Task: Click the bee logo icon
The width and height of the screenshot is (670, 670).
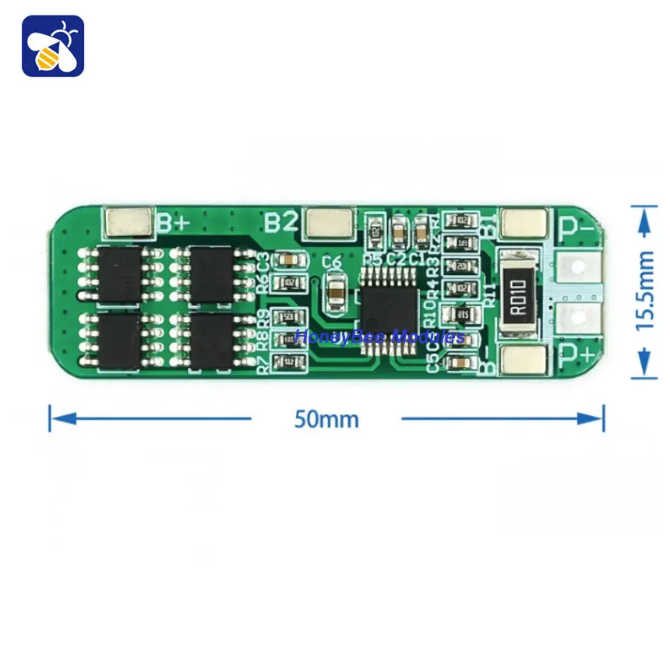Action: pyautogui.click(x=53, y=45)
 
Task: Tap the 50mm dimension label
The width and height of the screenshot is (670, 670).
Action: pyautogui.click(x=326, y=419)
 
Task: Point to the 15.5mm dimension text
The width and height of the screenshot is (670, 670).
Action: pyautogui.click(x=645, y=291)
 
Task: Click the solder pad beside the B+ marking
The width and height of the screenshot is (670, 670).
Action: pyautogui.click(x=129, y=223)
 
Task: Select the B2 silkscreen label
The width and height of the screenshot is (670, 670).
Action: pyautogui.click(x=281, y=223)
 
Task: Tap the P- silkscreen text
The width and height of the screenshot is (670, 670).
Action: pyautogui.click(x=577, y=227)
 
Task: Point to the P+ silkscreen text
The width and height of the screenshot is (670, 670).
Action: pyautogui.click(x=577, y=356)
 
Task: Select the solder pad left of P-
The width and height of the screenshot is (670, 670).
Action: pyautogui.click(x=524, y=224)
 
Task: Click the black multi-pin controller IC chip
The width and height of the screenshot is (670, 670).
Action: pyautogui.click(x=387, y=310)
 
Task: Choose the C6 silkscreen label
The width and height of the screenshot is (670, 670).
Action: pyautogui.click(x=333, y=262)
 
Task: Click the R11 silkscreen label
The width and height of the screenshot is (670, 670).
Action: pyautogui.click(x=490, y=296)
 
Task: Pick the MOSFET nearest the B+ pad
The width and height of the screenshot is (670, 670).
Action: pyautogui.click(x=119, y=273)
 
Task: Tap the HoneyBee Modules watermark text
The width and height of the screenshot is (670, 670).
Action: pyautogui.click(x=379, y=337)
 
